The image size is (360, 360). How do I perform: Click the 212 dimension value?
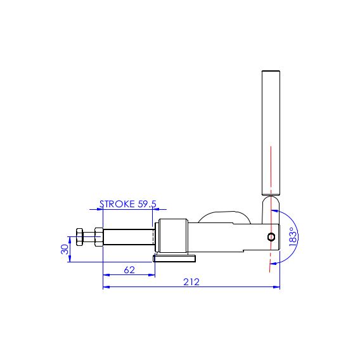[x=191, y=281]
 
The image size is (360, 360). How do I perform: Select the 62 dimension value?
[x=129, y=270]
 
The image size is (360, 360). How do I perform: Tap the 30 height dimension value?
[x=65, y=249]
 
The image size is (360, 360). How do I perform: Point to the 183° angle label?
[x=293, y=237]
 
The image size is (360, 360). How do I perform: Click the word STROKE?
[x=117, y=204]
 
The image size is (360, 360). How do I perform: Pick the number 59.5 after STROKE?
[x=147, y=204]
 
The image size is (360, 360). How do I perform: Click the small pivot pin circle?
[x=271, y=236]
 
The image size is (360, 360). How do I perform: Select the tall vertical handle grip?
[x=271, y=133]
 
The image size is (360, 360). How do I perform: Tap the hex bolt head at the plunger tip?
[x=79, y=237]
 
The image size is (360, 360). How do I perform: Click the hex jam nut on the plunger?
[x=99, y=237]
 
